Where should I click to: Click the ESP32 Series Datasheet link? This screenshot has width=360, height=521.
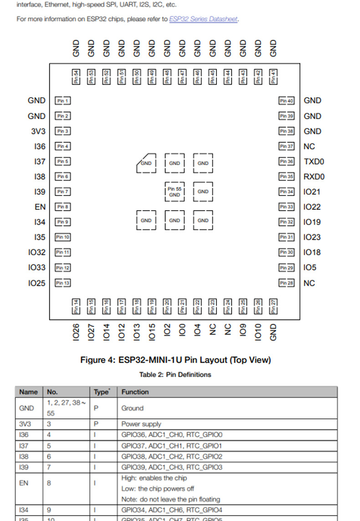tap(203, 19)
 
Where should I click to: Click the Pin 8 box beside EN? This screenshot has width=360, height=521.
tap(62, 207)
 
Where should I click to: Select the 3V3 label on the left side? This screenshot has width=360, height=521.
tap(38, 131)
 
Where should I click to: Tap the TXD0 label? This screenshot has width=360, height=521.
tap(314, 161)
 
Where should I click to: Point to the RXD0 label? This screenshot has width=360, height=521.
tap(314, 177)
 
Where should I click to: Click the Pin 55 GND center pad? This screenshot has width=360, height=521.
tap(175, 192)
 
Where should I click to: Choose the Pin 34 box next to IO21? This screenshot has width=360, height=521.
tap(287, 192)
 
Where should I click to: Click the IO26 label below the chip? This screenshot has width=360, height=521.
tap(76, 332)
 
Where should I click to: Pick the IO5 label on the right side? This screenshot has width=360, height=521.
tap(310, 268)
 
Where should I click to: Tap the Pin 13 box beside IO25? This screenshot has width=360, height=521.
tap(62, 283)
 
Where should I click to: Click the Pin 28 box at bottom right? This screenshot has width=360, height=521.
tap(287, 283)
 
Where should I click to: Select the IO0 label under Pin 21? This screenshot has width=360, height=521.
tap(182, 330)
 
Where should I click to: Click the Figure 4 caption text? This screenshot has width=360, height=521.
tap(175, 360)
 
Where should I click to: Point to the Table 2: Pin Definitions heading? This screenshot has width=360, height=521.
tap(175, 375)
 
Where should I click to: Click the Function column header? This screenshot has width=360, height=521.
tap(135, 392)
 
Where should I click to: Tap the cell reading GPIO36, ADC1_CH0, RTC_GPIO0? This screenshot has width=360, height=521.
tap(172, 435)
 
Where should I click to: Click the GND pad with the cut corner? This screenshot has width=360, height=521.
tap(146, 163)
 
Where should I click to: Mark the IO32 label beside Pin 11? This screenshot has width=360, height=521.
tap(36, 253)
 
